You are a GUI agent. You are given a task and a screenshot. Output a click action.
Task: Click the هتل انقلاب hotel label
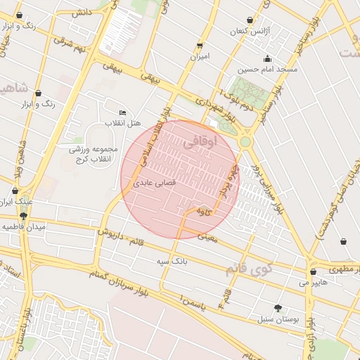tap(124, 124)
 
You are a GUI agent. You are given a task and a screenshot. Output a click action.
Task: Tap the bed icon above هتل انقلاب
tap(123, 112)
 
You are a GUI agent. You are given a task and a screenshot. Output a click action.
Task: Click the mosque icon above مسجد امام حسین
tap(267, 59)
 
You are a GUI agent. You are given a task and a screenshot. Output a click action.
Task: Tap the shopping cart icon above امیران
tap(200, 44)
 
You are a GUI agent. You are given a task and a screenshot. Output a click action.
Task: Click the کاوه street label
tap(204, 210)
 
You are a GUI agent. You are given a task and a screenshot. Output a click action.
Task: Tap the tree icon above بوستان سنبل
tap(278, 307)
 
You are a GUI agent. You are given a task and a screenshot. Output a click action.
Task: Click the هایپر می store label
tap(313, 283)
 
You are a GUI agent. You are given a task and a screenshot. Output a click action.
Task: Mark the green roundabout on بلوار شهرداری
tap(245, 141)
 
